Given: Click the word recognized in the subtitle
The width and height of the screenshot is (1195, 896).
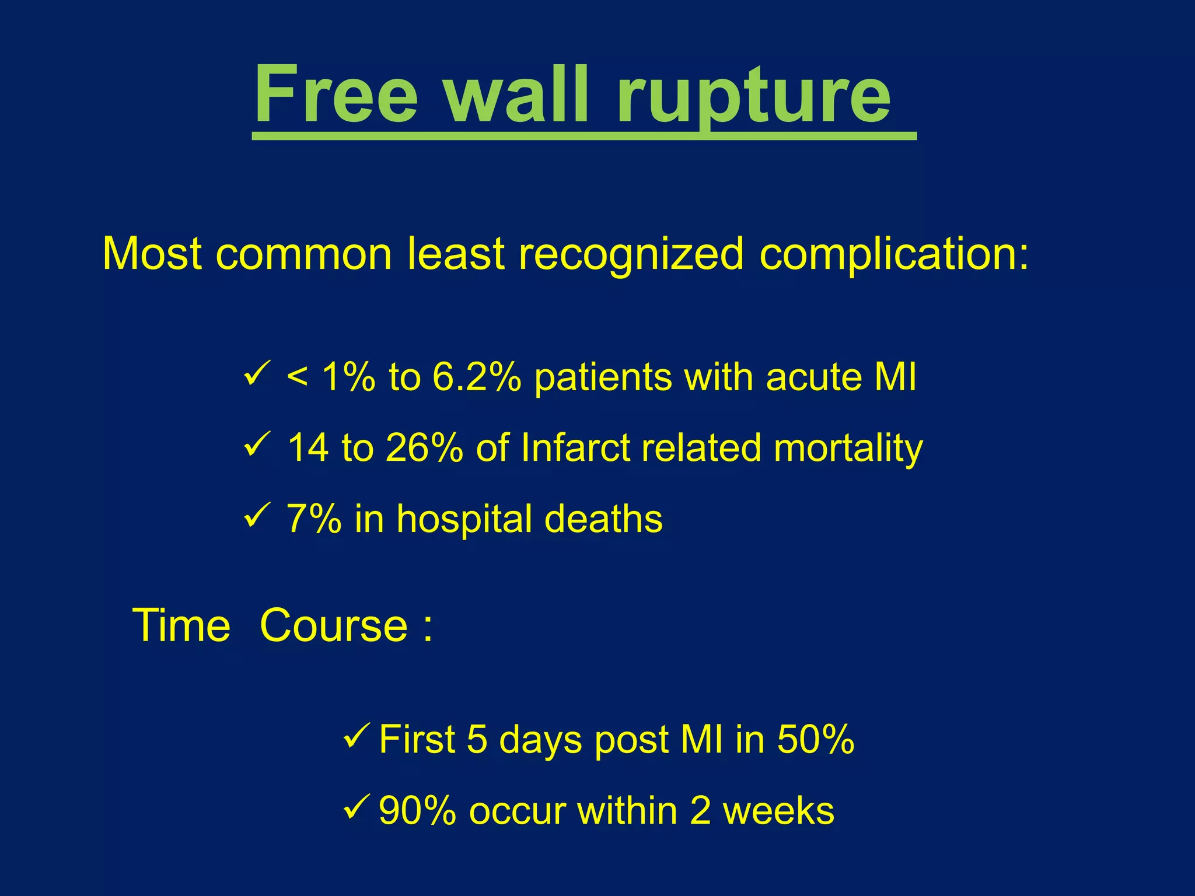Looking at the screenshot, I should [x=631, y=255].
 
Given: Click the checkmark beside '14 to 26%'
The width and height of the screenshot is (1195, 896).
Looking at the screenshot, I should [x=256, y=444].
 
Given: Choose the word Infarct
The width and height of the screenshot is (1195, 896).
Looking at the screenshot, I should [x=574, y=448].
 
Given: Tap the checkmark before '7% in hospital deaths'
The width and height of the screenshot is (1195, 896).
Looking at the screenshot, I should [x=256, y=515].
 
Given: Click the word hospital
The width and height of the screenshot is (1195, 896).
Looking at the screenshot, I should [x=464, y=519].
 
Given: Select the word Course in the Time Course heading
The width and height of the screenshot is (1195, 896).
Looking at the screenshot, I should [x=333, y=626].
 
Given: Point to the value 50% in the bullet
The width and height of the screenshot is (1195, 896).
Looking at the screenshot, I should [x=815, y=740].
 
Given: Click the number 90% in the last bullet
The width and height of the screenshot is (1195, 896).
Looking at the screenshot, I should [x=417, y=811].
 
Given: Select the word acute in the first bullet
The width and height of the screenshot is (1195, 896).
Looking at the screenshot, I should [x=813, y=377].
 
